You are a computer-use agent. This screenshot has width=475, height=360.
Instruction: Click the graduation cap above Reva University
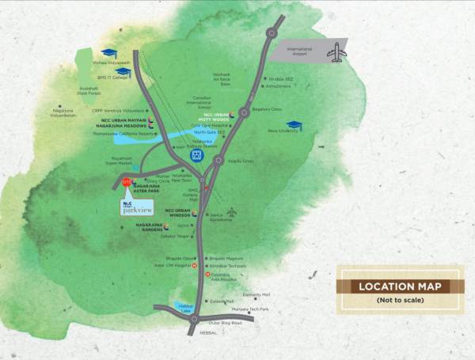(294, 124)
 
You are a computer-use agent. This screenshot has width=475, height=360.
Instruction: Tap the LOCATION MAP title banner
(400, 286)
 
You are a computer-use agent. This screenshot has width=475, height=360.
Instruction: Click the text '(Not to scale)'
(400, 300)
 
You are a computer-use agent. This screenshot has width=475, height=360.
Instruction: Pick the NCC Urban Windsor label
(179, 213)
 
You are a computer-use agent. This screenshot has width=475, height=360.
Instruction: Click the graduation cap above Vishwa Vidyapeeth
(108, 52)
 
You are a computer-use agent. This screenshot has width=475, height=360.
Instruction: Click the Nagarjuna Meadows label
(120, 126)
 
